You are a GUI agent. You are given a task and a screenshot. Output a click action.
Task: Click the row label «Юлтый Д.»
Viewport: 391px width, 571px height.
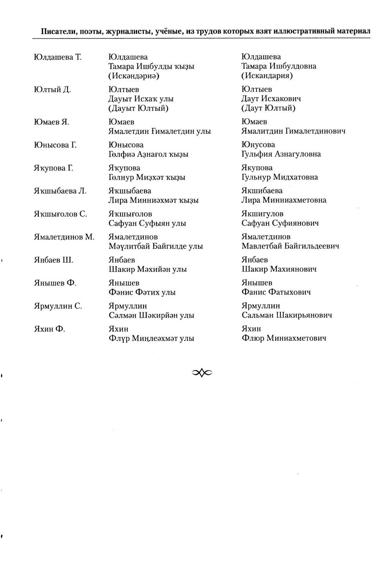[52, 90]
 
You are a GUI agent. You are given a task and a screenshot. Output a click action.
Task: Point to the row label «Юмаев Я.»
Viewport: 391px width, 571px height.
[52, 122]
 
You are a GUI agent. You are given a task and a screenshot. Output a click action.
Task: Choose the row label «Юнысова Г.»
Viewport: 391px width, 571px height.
[55, 145]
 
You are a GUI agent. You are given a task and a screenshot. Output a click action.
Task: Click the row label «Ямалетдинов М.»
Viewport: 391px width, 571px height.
[65, 237]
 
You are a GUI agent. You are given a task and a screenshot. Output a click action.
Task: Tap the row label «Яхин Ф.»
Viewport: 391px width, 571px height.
[50, 329]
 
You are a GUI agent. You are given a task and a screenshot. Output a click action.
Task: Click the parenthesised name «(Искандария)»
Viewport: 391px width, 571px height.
[267, 76]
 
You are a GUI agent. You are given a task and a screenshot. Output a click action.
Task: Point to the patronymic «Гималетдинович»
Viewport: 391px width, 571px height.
[316, 131]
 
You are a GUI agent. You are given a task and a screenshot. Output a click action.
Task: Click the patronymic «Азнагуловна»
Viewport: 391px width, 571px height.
[298, 154]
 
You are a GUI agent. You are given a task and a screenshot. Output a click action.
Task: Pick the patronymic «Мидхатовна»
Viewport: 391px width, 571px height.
[296, 177]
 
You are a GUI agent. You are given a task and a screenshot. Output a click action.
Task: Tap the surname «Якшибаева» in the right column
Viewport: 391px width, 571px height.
[262, 191]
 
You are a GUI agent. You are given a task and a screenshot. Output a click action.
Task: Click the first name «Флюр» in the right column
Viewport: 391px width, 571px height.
[252, 339]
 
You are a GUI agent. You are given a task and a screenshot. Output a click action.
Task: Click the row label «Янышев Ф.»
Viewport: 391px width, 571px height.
[55, 283]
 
